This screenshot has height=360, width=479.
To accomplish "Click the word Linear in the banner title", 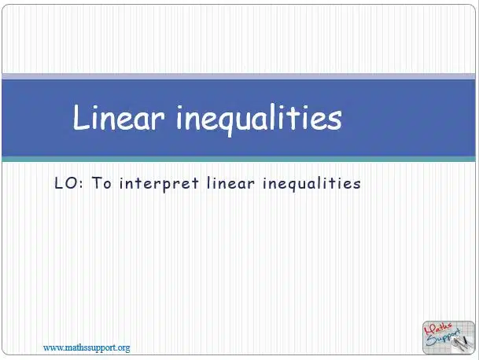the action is [x=119, y=117].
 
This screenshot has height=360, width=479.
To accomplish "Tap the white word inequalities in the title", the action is [x=259, y=119].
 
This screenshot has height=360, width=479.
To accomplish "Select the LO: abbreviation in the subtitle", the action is [x=68, y=183].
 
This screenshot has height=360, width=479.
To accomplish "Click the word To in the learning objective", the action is [x=101, y=183].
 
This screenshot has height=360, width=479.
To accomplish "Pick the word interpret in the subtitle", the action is [x=159, y=184].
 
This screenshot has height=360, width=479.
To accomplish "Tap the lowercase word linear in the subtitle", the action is [x=230, y=183].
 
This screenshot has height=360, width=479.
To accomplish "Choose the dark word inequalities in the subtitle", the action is [x=311, y=184].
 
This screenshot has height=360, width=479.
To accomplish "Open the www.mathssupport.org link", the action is [x=87, y=348].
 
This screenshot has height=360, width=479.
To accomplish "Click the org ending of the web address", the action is [x=123, y=349].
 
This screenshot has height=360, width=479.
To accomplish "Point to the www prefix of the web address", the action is [x=49, y=348].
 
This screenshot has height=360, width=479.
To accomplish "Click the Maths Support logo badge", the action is [x=448, y=337].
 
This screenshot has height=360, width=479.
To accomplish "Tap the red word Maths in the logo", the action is [x=437, y=330].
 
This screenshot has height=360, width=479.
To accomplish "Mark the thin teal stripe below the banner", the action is [x=239, y=159].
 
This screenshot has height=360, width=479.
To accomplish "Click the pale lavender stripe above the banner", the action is [x=239, y=76].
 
